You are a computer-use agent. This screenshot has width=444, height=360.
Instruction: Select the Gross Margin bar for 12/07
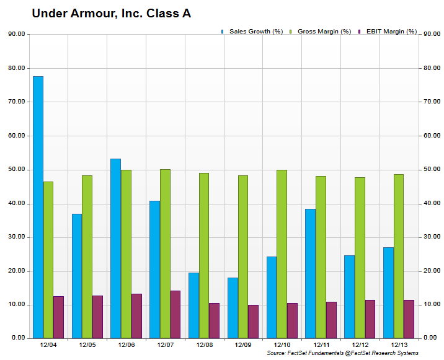click(165, 253)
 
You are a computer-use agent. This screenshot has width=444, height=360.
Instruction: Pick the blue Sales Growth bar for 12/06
click(115, 248)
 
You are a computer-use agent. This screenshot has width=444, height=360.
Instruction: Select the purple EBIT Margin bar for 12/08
click(215, 320)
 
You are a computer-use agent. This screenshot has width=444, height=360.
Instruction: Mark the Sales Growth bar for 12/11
click(310, 273)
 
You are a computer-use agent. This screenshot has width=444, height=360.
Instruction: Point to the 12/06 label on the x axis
click(126, 345)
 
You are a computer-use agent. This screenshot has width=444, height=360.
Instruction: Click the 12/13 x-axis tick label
click(398, 345)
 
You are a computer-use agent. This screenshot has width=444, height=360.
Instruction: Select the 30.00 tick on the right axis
click(431, 237)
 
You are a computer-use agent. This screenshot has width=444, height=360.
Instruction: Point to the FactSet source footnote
click(342, 353)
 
